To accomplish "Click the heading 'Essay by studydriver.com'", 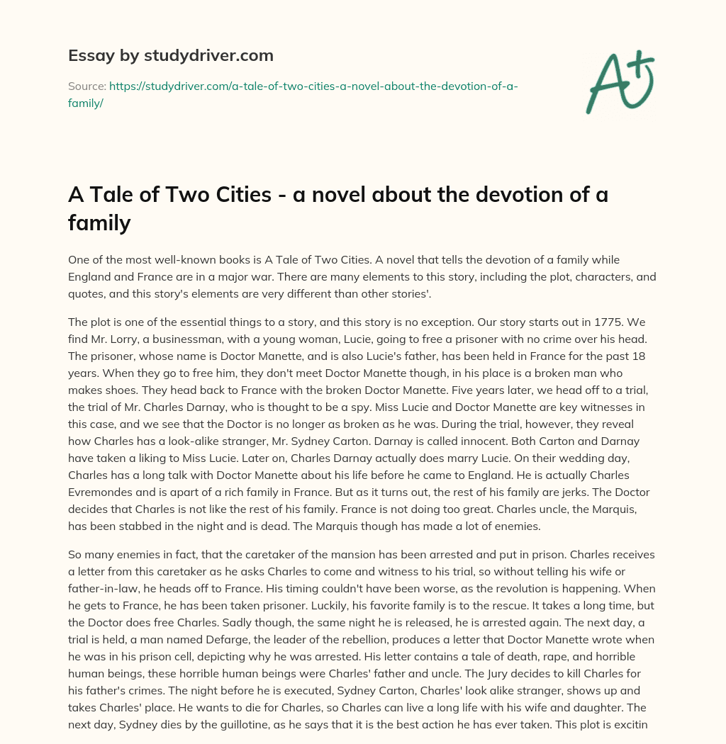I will pyautogui.click(x=170, y=55).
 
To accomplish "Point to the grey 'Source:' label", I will pyautogui.click(x=86, y=86).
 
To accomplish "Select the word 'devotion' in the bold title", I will pyautogui.click(x=489, y=195).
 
